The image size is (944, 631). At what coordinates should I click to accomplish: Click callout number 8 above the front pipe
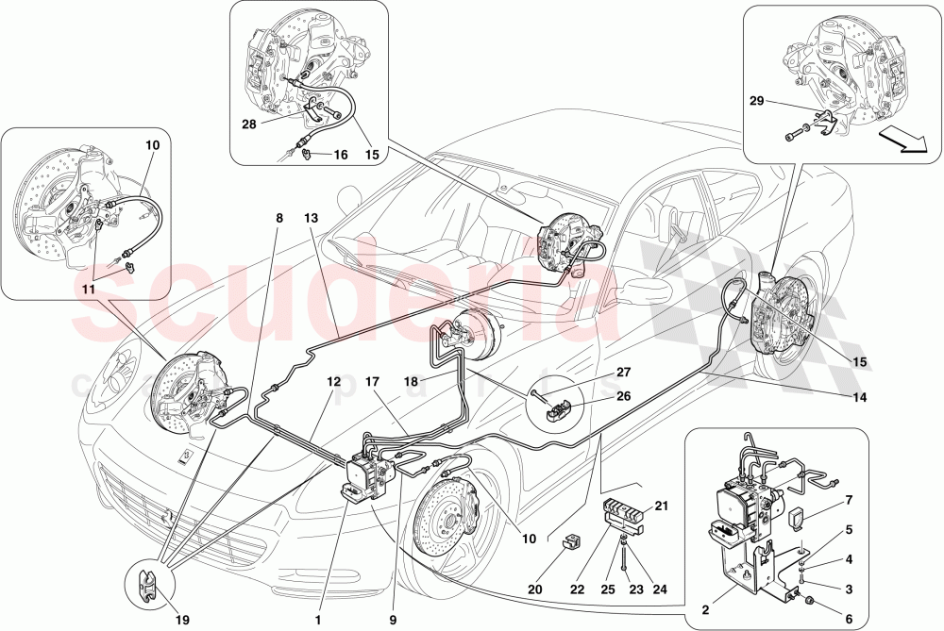click(279, 218)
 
